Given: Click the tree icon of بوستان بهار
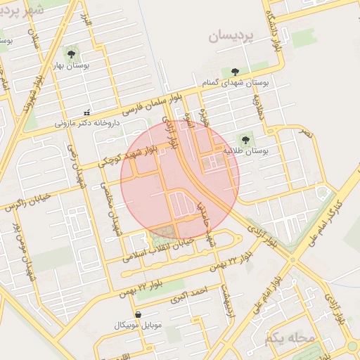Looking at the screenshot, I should (71, 53).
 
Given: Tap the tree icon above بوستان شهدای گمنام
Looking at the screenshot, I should (234, 72).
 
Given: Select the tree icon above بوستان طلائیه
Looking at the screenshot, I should (245, 140).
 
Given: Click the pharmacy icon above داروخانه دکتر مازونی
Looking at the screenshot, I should (86, 112).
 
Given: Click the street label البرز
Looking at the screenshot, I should (86, 20).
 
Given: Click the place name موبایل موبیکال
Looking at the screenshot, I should (137, 327).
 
